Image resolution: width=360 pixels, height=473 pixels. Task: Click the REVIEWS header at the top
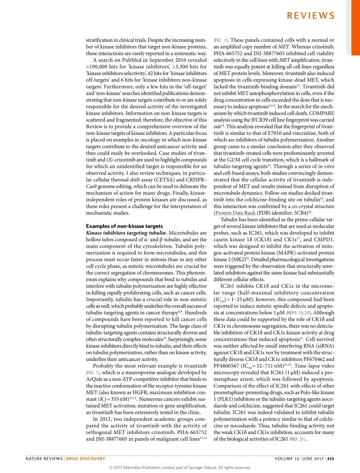pos(310,16)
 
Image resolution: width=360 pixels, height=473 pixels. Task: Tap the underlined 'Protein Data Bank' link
pos(235,213)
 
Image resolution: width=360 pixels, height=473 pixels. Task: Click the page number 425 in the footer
pos(330,459)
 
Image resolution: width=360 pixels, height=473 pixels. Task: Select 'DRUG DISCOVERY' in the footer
pos(86,459)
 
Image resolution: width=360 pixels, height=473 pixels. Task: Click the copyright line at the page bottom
pos(180,467)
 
